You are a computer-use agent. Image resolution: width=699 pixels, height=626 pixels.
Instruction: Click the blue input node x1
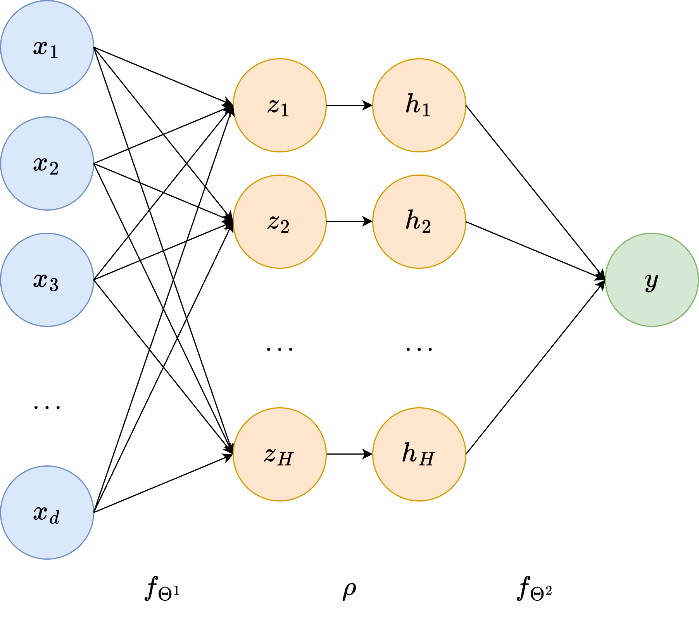(47, 47)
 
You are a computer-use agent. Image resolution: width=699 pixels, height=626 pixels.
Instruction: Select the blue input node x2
(47, 163)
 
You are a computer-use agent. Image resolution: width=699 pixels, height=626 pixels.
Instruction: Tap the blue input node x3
(47, 280)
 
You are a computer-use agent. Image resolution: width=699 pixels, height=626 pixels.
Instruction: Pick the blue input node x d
(47, 512)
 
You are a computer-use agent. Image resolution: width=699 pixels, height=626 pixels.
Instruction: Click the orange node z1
(280, 105)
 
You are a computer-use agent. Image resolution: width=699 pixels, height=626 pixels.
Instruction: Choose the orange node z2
(280, 221)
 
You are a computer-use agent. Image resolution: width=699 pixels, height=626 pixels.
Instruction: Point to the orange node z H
(280, 454)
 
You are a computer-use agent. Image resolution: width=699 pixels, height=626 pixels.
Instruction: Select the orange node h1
(419, 105)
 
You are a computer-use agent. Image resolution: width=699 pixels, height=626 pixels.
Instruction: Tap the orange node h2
(419, 221)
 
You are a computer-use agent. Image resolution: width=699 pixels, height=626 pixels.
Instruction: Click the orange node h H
(419, 454)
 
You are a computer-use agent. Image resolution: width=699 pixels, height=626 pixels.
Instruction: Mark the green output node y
(652, 280)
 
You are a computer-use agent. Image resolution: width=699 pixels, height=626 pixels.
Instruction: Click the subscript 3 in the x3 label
(54, 285)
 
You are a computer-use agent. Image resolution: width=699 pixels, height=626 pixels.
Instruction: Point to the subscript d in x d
(55, 518)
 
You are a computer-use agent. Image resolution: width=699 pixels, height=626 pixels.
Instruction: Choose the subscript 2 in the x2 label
(54, 169)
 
